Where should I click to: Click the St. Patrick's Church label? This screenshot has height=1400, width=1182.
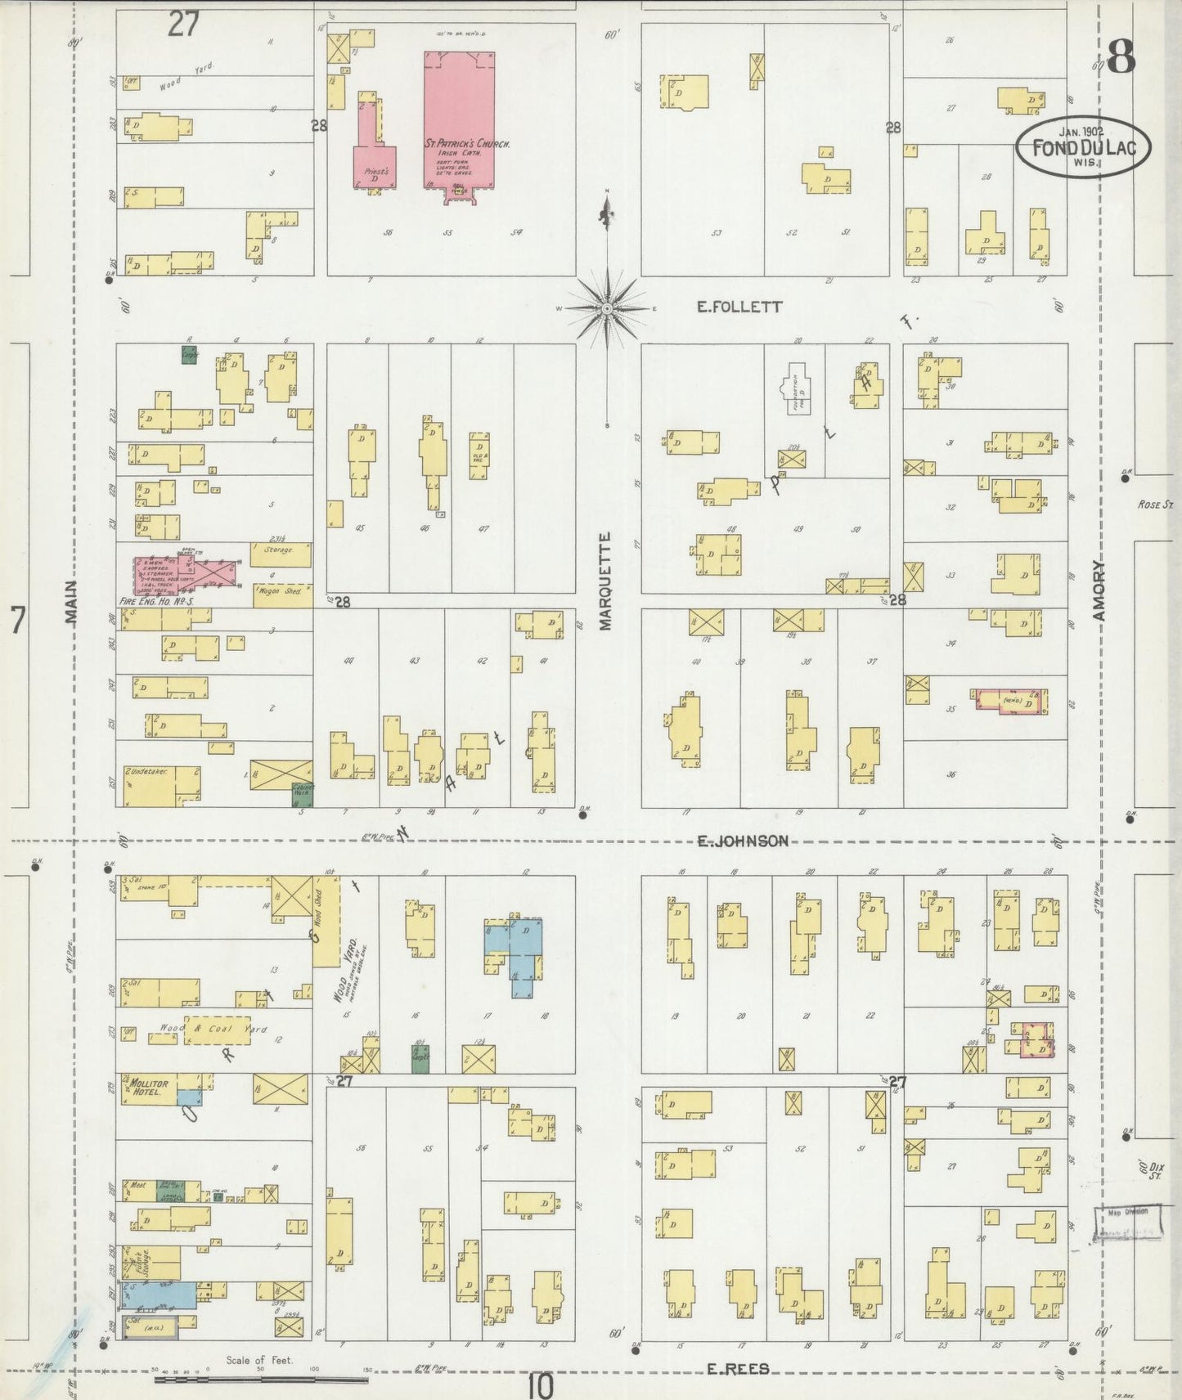[467, 144]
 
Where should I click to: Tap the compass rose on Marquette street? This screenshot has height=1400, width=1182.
[608, 308]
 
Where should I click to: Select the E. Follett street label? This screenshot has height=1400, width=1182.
[739, 307]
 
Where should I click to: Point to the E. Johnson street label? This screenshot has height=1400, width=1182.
[743, 841]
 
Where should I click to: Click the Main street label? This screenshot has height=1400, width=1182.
[72, 603]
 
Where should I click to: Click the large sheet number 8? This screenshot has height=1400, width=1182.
[1121, 57]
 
